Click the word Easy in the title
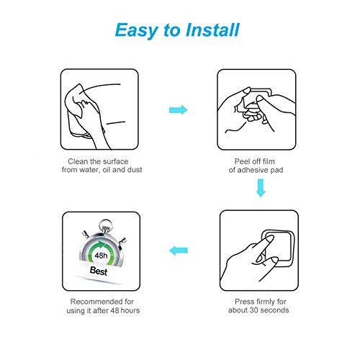(x=136, y=30)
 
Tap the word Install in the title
(x=212, y=30)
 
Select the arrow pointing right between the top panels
(x=179, y=110)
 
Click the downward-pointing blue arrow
(x=261, y=188)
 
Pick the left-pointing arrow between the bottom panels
(x=179, y=251)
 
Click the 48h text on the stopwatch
(x=101, y=256)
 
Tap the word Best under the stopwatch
(x=99, y=271)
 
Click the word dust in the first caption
(x=135, y=170)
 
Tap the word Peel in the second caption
(x=242, y=161)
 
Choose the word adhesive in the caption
(x=252, y=170)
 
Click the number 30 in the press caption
(x=253, y=310)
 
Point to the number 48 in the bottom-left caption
(x=114, y=310)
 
